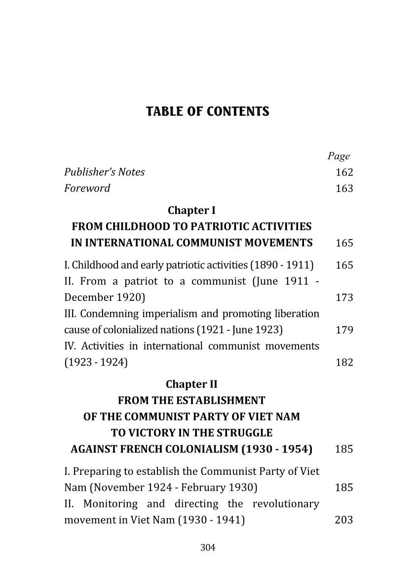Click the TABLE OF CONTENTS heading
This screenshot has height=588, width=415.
(x=208, y=112)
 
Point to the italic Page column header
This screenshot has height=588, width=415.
(x=339, y=156)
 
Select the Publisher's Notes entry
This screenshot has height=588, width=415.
(x=105, y=172)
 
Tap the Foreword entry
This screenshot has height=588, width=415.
(x=87, y=188)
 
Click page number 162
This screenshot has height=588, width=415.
(x=344, y=172)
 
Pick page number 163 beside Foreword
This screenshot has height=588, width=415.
(x=344, y=189)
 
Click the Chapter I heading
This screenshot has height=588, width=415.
(x=191, y=210)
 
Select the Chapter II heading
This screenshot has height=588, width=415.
(x=191, y=384)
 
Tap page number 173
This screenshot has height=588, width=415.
(x=344, y=298)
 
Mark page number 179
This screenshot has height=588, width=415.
(x=344, y=330)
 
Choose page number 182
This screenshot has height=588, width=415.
(x=344, y=363)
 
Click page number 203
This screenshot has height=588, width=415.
(x=344, y=520)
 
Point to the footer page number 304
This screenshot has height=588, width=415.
(x=208, y=547)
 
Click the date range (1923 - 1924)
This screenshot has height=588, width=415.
(x=96, y=363)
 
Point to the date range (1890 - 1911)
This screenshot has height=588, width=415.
(x=282, y=265)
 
